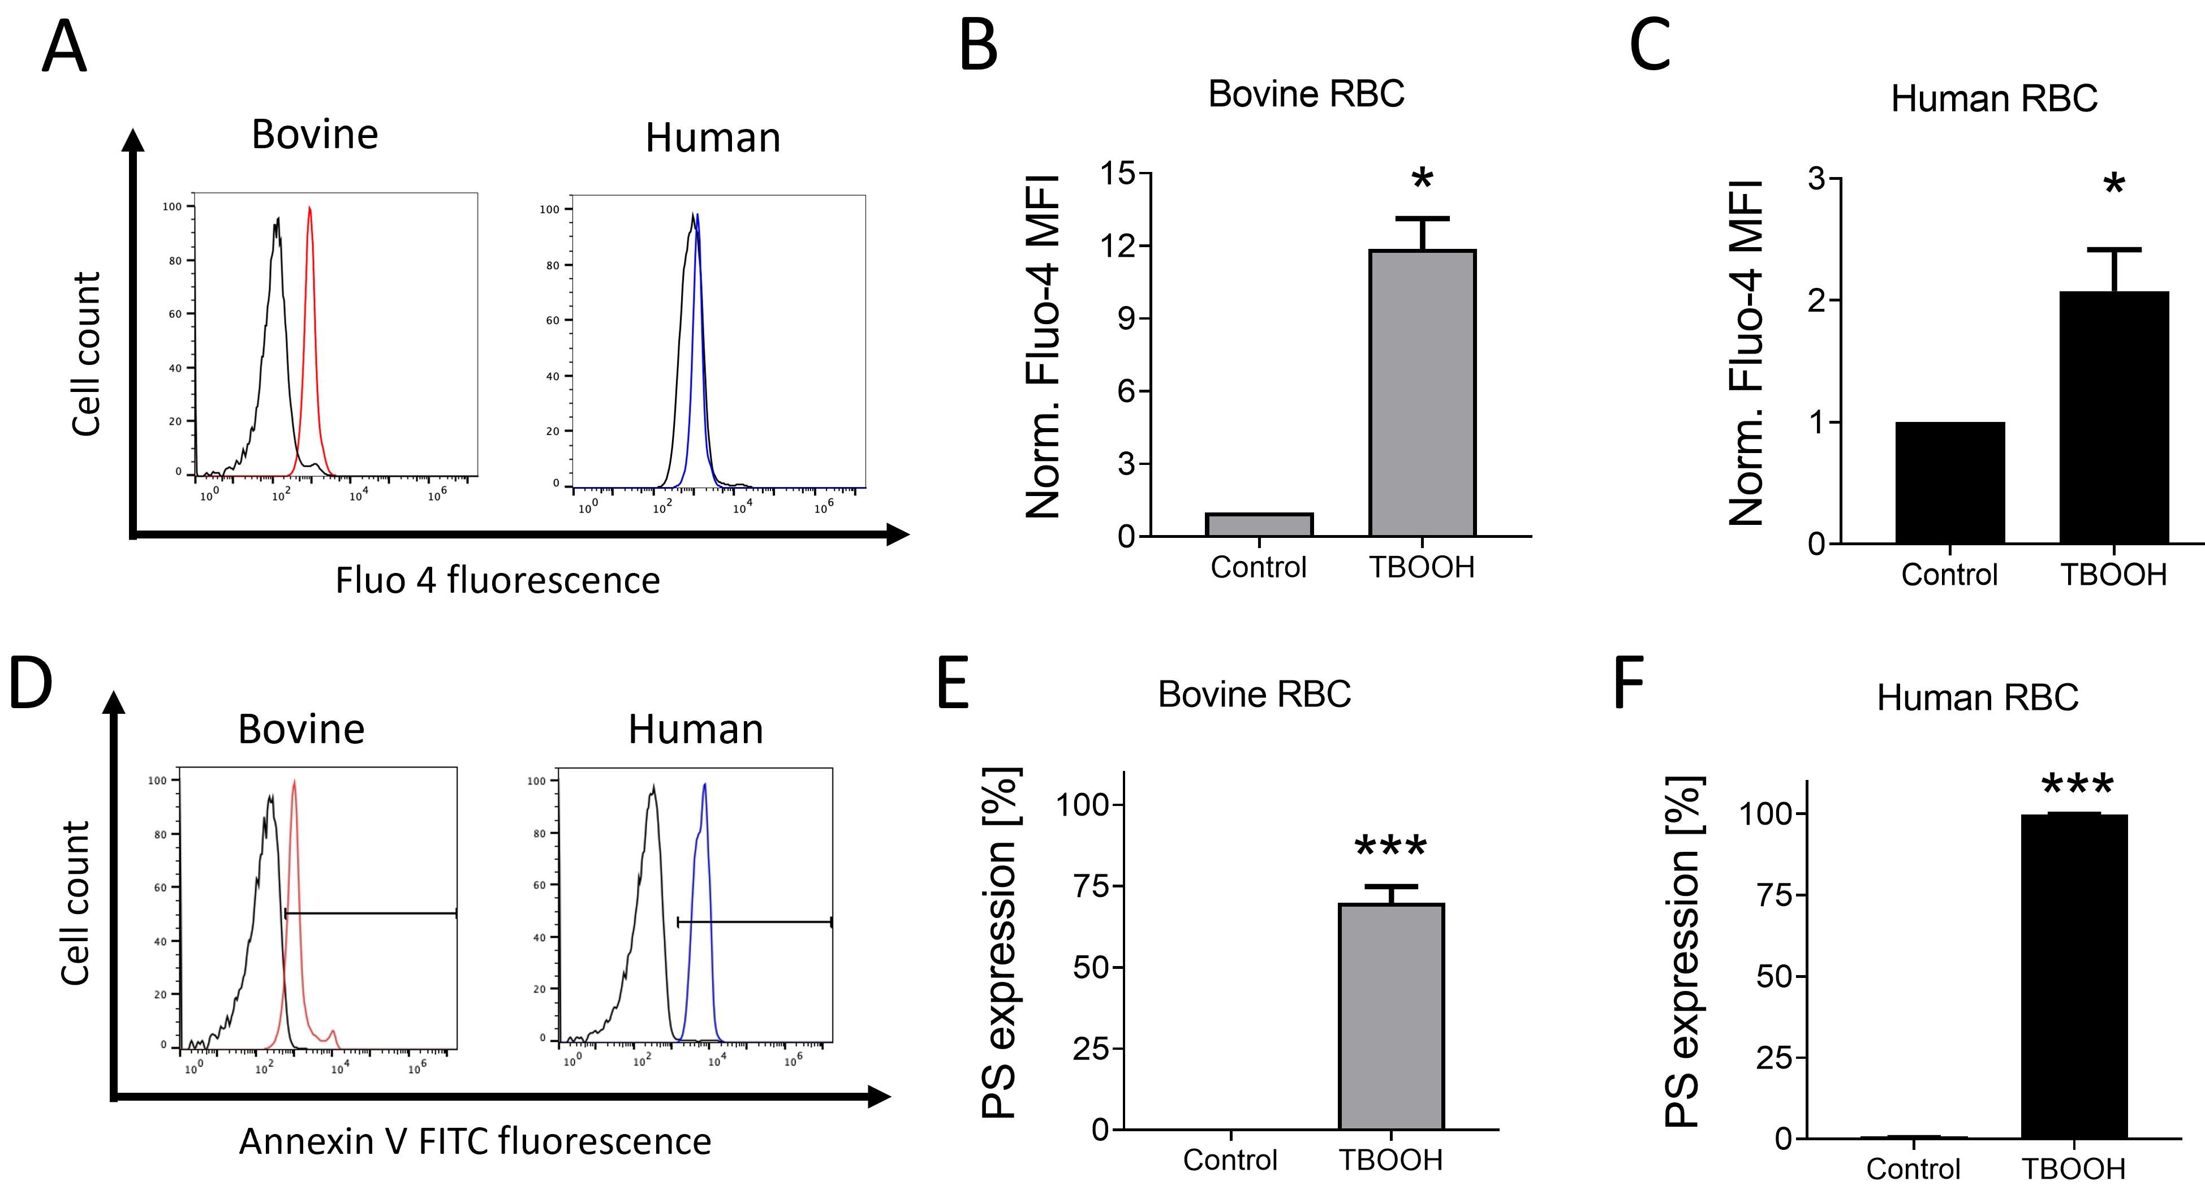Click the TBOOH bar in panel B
click(1423, 393)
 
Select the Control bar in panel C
click(1950, 482)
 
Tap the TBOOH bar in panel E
click(1391, 1016)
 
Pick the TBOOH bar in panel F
click(2074, 976)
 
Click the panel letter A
click(64, 47)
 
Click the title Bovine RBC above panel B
click(1306, 93)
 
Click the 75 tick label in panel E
click(1091, 886)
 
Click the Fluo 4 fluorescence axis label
click(497, 580)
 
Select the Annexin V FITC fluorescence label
click(475, 1141)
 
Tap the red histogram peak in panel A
click(310, 208)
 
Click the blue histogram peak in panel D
click(704, 785)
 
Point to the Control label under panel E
click(1230, 1159)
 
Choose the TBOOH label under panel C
click(2113, 574)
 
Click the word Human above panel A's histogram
click(713, 138)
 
